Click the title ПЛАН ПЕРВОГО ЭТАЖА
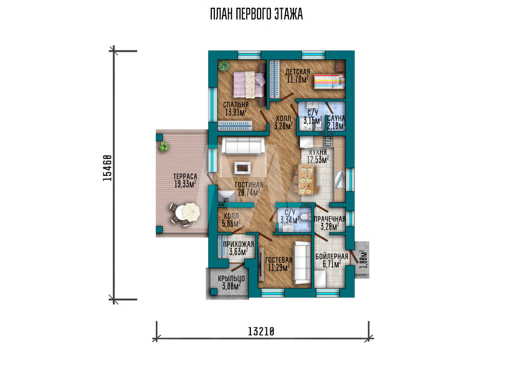click(256, 14)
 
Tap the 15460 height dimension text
click(107, 168)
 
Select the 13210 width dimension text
click(261, 332)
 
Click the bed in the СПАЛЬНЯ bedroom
click(250, 85)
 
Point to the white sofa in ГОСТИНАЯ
click(243, 146)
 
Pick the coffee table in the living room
click(243, 168)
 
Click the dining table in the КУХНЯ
click(306, 180)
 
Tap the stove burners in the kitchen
click(328, 141)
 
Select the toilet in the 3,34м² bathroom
click(305, 217)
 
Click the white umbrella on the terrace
click(191, 211)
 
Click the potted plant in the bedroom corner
click(224, 66)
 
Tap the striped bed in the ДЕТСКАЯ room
click(329, 82)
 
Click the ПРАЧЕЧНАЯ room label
click(329, 219)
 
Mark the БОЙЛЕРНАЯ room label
click(332, 257)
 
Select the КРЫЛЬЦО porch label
click(231, 279)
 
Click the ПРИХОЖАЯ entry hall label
click(238, 244)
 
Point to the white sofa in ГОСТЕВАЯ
click(302, 263)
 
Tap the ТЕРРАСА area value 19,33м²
click(185, 184)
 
